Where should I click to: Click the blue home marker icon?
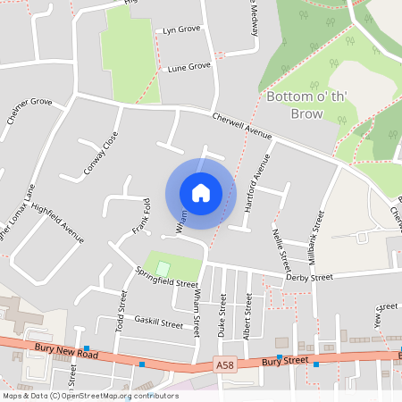[x=200, y=193]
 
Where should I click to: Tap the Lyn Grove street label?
[x=181, y=30]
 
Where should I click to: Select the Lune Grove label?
[x=188, y=67]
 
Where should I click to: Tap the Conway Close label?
[x=100, y=153]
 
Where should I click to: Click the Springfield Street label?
[x=166, y=277]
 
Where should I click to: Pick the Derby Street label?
[x=309, y=278]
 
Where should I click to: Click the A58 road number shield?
[x=225, y=364]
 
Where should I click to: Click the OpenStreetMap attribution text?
[x=90, y=396]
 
